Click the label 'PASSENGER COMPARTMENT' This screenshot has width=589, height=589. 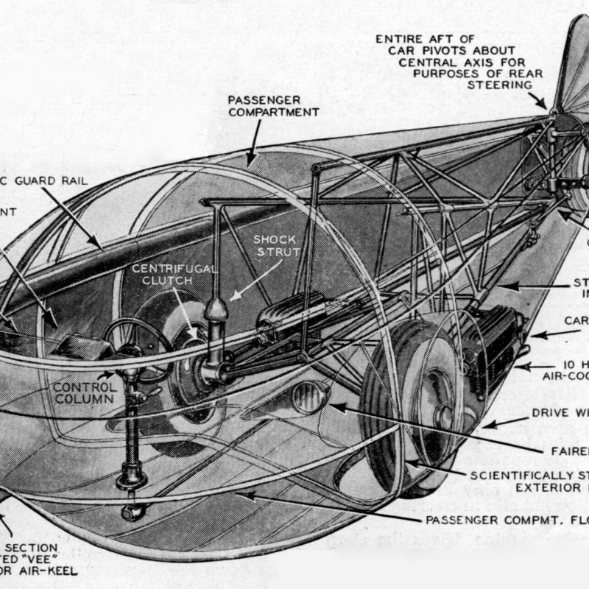coord(273,105)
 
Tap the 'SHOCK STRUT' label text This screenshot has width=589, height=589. coord(275,247)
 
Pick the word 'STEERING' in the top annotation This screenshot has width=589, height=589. coord(500,85)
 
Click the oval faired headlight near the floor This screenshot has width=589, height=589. coord(308,398)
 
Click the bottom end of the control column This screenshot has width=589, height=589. coord(133,512)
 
